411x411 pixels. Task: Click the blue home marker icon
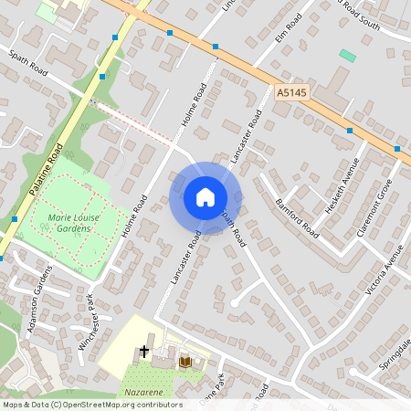tap(205, 197)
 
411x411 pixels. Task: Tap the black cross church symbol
tap(143, 351)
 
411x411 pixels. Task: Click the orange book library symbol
tap(184, 362)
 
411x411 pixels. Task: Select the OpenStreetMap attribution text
tap(92, 404)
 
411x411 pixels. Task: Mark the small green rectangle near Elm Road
tap(347, 56)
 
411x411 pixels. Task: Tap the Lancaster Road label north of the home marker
tap(247, 136)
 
